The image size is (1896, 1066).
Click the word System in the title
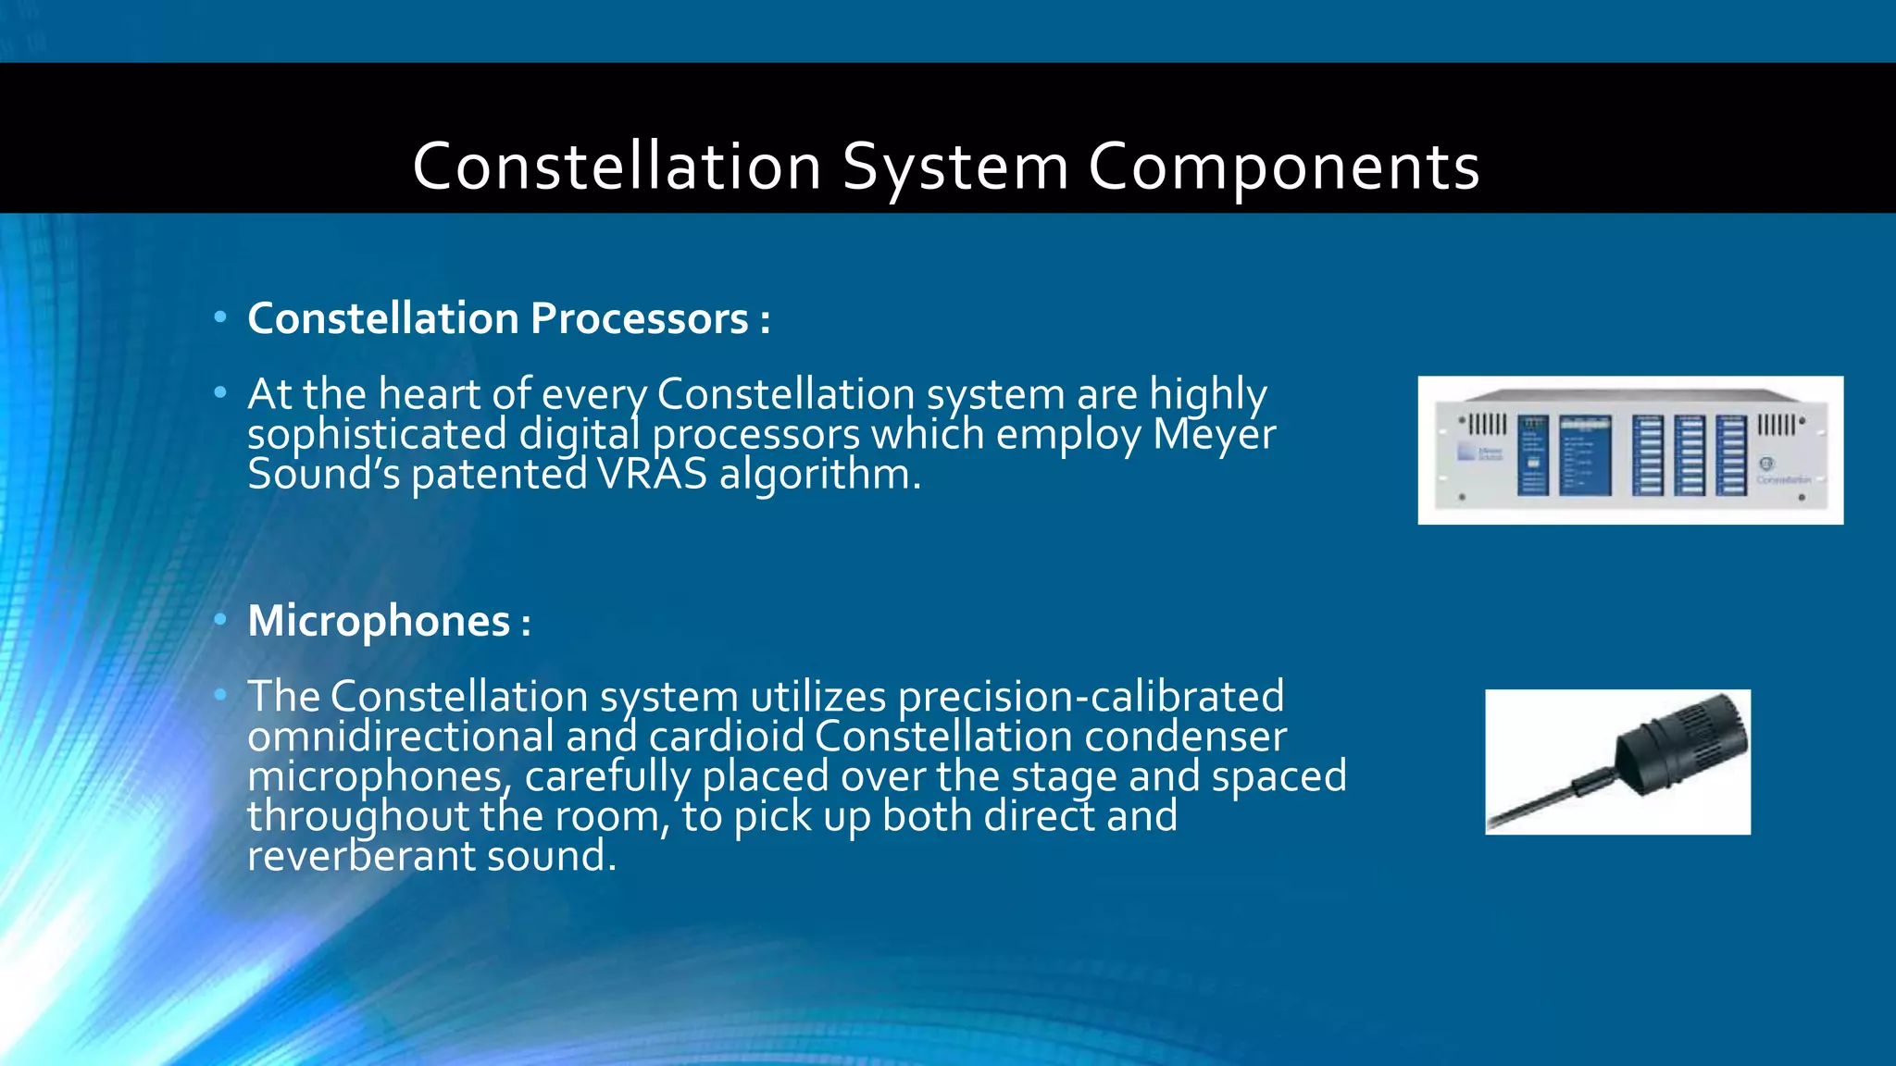click(955, 167)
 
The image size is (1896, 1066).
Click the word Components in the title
click(1283, 167)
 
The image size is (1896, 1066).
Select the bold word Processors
click(640, 319)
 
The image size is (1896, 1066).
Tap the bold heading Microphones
click(379, 621)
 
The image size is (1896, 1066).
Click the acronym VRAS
click(652, 475)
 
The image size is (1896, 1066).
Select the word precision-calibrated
click(1091, 697)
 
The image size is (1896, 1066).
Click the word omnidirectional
click(401, 737)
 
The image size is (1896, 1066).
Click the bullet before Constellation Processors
click(219, 317)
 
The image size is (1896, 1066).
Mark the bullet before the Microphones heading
click(219, 619)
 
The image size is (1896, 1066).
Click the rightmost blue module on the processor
click(1730, 454)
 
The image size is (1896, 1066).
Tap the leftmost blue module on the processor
click(1532, 454)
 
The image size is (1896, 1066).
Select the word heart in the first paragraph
click(429, 395)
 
